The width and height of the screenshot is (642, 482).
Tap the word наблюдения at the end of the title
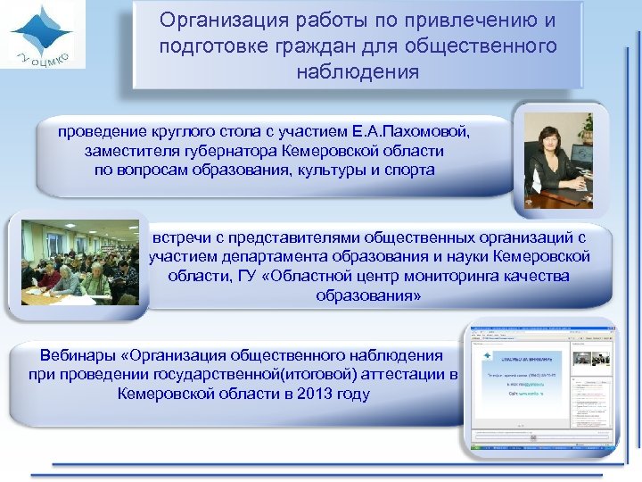coord(357,71)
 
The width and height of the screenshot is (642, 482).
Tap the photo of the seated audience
coord(79,262)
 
